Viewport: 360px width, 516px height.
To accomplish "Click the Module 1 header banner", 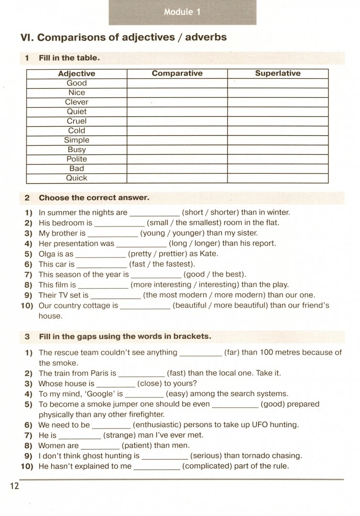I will (x=182, y=12).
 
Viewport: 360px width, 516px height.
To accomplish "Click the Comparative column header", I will (x=177, y=74).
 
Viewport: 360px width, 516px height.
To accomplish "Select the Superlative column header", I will (x=278, y=74).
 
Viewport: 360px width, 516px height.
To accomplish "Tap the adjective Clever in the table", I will (x=76, y=102).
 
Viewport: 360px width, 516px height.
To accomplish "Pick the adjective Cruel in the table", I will (x=76, y=121).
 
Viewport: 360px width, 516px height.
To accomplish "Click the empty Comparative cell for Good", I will (x=177, y=83).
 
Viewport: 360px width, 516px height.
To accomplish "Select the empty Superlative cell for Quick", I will (x=278, y=178).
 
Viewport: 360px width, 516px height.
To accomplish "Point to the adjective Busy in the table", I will (x=76, y=150).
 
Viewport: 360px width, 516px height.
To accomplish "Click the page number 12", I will (x=13, y=486).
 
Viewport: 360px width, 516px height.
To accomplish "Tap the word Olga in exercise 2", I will (x=47, y=254).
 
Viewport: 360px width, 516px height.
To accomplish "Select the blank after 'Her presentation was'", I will (x=142, y=244).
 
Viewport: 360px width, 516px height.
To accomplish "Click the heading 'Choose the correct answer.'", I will (x=94, y=197).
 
